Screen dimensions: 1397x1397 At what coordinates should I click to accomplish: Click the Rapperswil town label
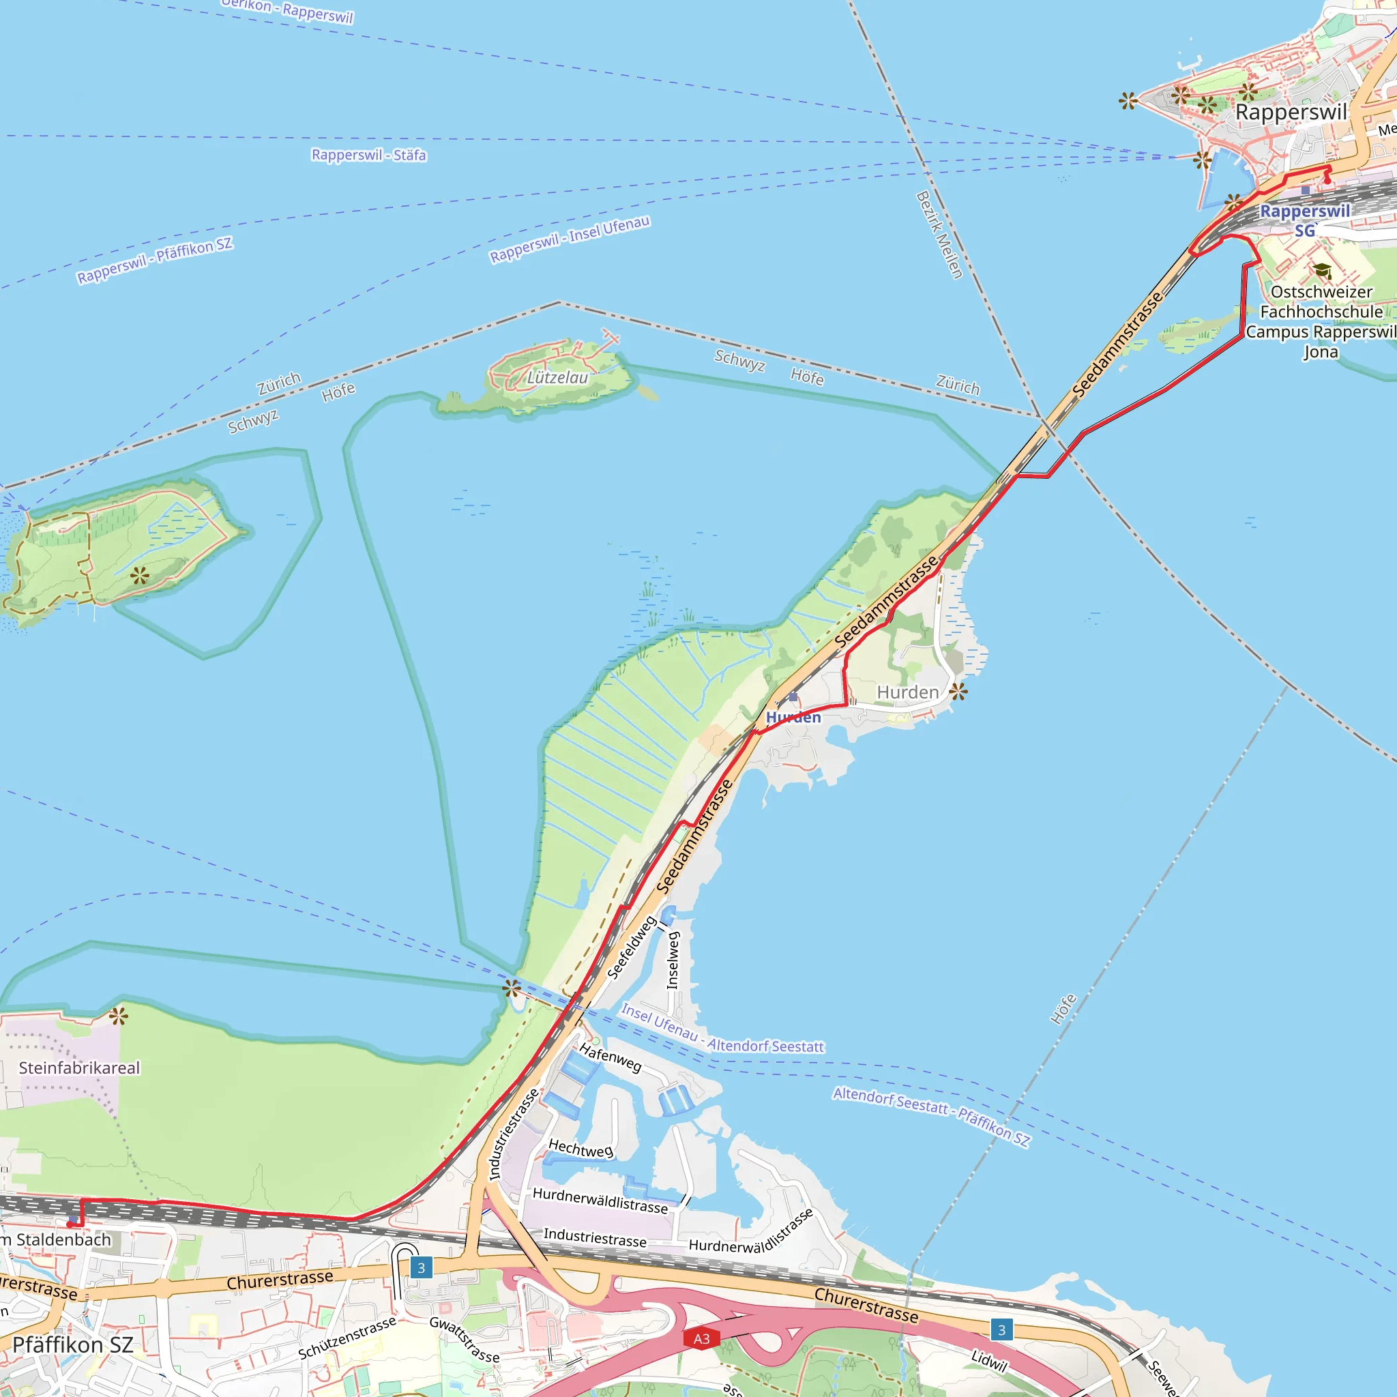click(1291, 113)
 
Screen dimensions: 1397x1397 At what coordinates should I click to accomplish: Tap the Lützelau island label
click(557, 377)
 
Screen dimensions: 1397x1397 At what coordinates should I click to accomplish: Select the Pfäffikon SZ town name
click(73, 1345)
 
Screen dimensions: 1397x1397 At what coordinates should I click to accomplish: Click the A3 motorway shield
click(701, 1338)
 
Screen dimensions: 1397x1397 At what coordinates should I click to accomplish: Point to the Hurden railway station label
click(793, 718)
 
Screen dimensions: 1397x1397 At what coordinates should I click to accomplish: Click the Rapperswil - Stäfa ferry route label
click(369, 156)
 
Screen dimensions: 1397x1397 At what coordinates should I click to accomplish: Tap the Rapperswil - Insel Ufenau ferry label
click(570, 239)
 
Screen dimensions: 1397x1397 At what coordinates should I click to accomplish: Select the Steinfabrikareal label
click(80, 1068)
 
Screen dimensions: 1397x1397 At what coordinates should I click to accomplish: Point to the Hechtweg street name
click(580, 1148)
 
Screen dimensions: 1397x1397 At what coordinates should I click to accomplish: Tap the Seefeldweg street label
click(631, 948)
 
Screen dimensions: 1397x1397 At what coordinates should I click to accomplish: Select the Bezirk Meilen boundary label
click(939, 235)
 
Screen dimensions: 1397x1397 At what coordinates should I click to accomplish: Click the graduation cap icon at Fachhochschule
click(1323, 271)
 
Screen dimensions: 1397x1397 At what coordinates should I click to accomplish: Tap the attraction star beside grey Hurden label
click(958, 692)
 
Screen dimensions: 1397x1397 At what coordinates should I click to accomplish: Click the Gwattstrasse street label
click(465, 1339)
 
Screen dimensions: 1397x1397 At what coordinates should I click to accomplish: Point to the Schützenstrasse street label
click(347, 1338)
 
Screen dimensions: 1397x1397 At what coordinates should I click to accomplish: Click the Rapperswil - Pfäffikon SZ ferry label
click(155, 261)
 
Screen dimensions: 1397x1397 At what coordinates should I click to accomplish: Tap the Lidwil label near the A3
click(988, 1362)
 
